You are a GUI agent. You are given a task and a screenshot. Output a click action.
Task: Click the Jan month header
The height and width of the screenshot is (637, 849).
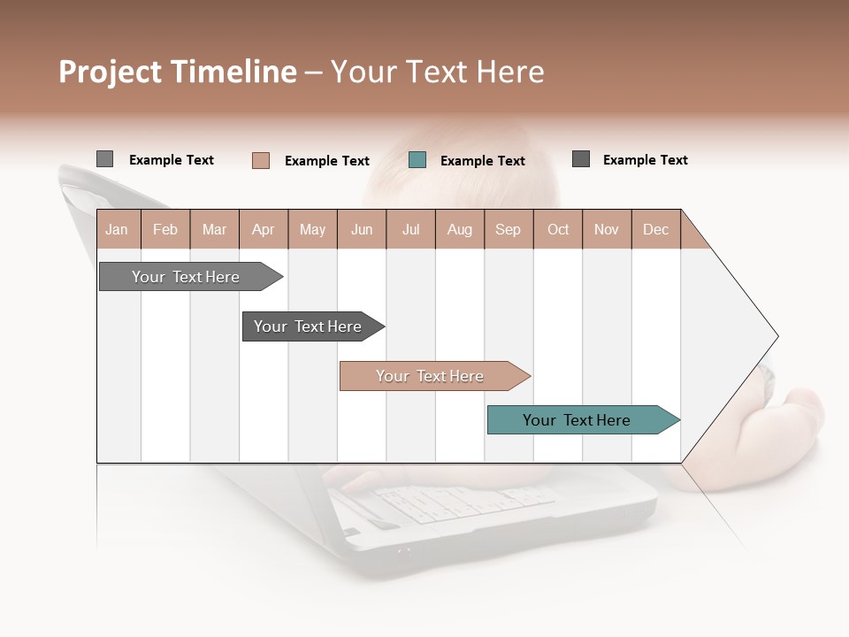pos(117,229)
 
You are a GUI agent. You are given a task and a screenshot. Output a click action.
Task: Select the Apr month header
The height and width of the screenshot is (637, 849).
pos(263,229)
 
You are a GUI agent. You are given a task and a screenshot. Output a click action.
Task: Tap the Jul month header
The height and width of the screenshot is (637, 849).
pos(410,229)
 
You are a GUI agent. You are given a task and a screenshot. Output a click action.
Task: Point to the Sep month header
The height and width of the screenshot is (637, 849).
pos(508,229)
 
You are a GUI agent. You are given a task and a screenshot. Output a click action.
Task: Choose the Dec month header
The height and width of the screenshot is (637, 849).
pos(655,229)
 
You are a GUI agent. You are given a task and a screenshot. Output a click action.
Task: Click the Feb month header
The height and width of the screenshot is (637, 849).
pos(165,229)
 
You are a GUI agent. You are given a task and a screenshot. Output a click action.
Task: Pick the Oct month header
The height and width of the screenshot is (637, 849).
pos(558,229)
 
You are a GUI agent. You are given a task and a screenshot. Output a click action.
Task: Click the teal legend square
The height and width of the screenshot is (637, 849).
pos(417,160)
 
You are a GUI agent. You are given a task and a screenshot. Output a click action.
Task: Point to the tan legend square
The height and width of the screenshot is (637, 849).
pos(261,160)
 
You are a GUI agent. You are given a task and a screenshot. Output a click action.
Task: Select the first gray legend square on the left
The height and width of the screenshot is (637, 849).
pos(104,159)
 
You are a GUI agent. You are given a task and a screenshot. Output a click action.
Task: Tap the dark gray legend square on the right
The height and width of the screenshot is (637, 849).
pos(581,159)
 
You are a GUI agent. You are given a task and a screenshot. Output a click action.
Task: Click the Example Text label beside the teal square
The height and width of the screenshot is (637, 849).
pos(482,161)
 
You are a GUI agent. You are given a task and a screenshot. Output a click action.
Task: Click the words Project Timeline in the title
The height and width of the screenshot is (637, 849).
pos(178,72)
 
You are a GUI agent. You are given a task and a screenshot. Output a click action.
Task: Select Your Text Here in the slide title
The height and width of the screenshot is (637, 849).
pos(437,72)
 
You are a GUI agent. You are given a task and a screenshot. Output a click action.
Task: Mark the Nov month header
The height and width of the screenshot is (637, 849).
pos(607,229)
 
